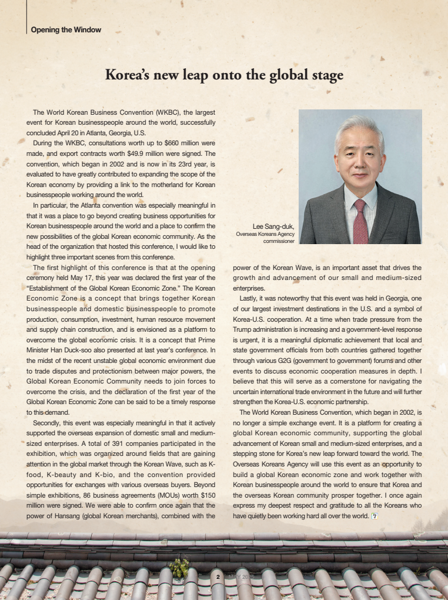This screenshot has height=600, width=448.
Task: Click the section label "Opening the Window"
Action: (66, 30)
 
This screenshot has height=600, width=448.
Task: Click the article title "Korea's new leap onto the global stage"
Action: (224, 75)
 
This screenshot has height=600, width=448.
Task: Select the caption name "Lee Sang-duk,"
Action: (273, 226)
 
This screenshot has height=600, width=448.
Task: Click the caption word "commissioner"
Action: (278, 241)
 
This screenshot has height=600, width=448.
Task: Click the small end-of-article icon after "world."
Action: (374, 516)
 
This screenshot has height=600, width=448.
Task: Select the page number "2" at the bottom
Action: (218, 577)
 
